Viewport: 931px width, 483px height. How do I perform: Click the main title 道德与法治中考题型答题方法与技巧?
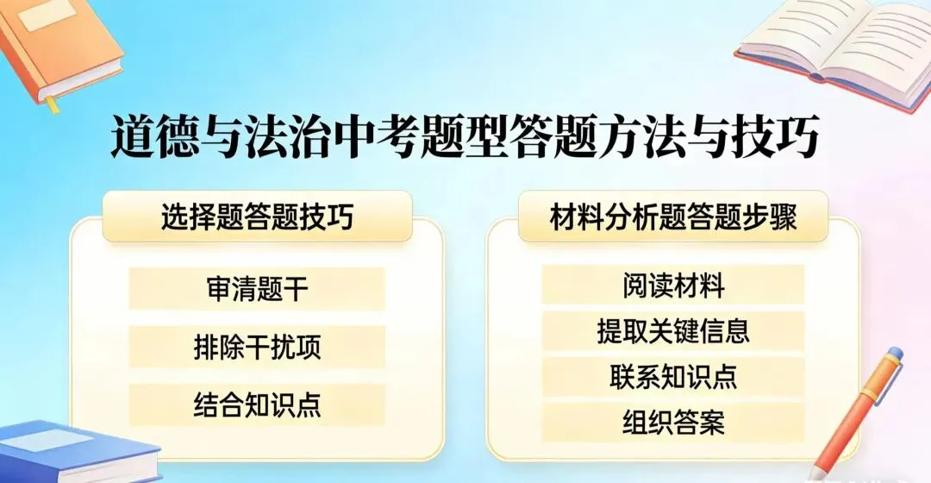465,138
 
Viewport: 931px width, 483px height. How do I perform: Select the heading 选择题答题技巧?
257,218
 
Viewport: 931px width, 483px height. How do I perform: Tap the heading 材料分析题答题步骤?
673,218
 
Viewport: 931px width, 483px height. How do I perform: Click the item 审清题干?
257,289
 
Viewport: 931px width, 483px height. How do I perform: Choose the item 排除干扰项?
257,348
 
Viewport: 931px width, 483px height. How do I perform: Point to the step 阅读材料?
673,285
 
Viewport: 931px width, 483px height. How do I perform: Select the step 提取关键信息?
673,331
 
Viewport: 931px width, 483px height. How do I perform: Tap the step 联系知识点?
673,377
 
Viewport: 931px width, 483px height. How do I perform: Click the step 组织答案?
673,423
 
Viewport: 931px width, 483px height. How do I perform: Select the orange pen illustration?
858,414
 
